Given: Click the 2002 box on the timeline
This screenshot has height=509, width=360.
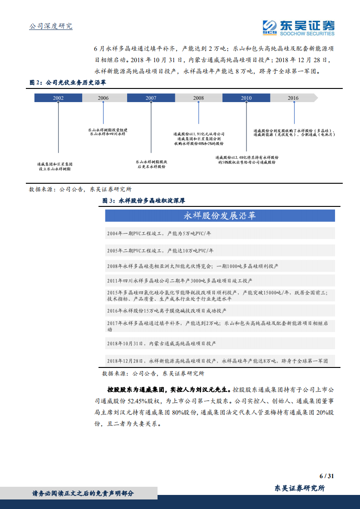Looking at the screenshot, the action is pos(58,98).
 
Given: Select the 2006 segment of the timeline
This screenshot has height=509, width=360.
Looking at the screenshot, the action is pos(103,98).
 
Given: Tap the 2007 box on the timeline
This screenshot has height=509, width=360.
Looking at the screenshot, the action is pos(151,98).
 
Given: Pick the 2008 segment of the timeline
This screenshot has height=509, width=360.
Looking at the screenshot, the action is pos(198,98).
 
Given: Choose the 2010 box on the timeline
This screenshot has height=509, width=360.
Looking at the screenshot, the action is pos(246,98).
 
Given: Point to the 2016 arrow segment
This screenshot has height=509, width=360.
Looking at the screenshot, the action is pos(293,98).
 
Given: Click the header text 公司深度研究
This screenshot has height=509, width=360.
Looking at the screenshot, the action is pos(51,26).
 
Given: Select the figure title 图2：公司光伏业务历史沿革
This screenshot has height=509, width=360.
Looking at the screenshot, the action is pos(68,83).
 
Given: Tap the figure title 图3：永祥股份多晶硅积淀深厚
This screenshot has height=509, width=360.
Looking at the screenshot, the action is pos(143,201).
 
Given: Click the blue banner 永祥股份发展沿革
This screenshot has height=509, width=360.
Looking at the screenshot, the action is pos(220,216).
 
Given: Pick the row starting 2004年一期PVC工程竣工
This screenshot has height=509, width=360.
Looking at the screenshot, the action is pos(220,233).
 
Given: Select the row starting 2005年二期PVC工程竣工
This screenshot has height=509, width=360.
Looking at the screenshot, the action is pos(220,250).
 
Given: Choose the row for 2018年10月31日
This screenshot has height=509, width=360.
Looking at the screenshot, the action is pos(220,343).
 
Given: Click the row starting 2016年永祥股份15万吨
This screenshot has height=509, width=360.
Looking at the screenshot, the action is pos(220,311).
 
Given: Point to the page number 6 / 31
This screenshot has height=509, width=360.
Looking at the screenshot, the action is pos(326,476).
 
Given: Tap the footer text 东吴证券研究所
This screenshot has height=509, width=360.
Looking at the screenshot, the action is pos(300,488).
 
